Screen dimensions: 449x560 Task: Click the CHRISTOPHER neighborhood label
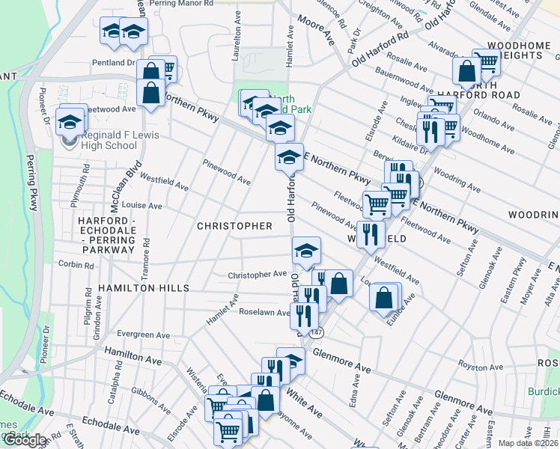234,225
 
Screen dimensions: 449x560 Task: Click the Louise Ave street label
142,205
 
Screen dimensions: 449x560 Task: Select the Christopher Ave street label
258,275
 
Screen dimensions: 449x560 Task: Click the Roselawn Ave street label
264,313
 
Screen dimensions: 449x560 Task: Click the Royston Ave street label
479,367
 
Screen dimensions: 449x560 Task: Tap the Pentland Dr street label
114,64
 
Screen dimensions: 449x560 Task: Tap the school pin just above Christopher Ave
305,251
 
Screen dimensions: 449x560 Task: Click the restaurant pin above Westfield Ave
371,234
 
